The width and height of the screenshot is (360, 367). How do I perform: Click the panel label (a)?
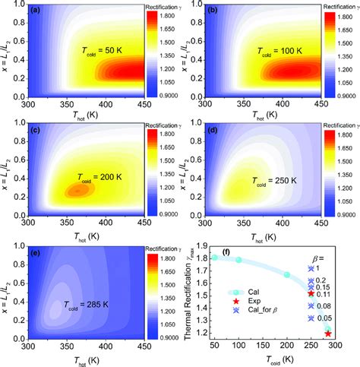[36, 11]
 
